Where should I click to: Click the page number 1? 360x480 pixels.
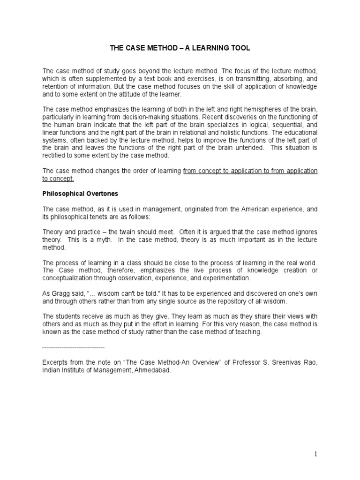[x=316, y=454]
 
